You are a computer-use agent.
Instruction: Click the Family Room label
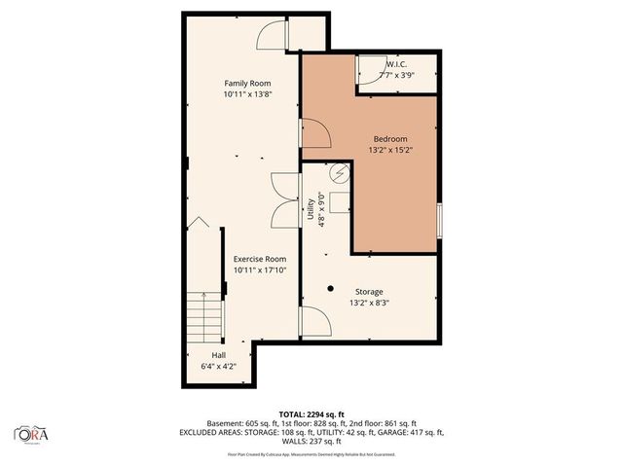247,83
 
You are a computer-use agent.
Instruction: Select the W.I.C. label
395,64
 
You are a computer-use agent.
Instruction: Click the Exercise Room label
259,259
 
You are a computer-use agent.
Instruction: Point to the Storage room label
368,292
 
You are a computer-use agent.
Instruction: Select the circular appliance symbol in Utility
340,174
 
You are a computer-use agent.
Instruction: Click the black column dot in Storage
331,288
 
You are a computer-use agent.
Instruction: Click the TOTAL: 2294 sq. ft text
311,413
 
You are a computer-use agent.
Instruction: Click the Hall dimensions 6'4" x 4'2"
218,367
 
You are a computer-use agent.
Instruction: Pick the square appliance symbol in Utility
340,202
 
